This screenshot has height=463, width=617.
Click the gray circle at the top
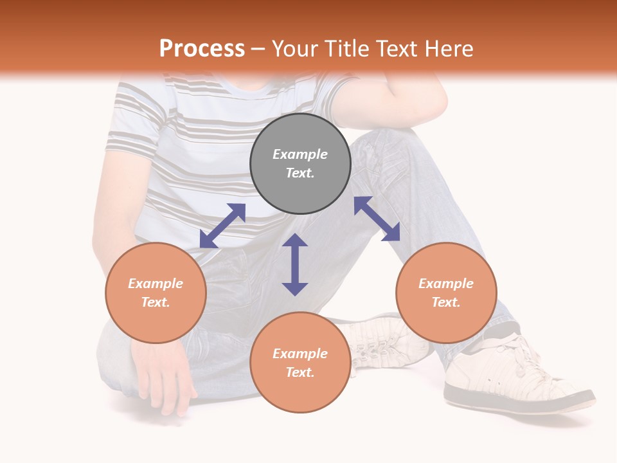tap(300, 164)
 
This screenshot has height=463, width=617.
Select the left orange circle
tap(156, 293)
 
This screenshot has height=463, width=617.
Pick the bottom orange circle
tap(300, 363)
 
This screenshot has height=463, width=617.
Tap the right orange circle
tap(446, 293)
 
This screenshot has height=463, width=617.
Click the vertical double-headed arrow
tap(295, 264)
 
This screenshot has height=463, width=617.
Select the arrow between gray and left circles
tap(222, 226)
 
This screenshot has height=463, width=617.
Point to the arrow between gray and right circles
tap(377, 219)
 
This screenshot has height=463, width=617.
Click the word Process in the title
tap(202, 48)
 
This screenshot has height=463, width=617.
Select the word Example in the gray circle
tap(300, 154)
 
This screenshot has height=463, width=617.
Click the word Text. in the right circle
tap(446, 302)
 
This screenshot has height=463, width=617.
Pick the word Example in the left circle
tap(156, 284)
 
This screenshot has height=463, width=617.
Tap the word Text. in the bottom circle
tap(300, 372)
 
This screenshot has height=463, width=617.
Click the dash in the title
tap(258, 49)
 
